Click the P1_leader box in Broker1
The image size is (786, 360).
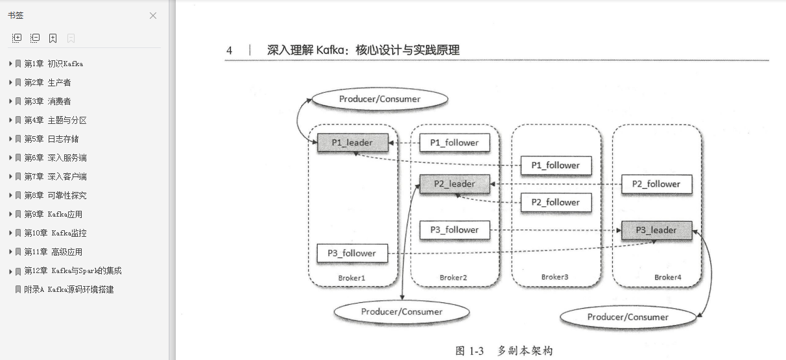click(x=352, y=143)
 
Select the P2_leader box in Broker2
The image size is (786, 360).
click(x=455, y=184)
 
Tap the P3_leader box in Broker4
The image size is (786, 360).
click(x=656, y=230)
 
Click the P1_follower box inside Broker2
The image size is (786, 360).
click(x=455, y=143)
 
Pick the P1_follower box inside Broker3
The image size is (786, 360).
click(x=556, y=165)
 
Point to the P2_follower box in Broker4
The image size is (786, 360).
click(x=656, y=184)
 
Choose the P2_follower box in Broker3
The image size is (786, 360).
click(x=556, y=202)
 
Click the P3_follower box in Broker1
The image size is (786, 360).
click(x=352, y=253)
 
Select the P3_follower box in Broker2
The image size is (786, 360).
click(x=455, y=230)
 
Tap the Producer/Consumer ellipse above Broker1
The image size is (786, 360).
click(x=380, y=99)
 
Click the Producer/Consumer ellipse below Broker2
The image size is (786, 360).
click(x=402, y=312)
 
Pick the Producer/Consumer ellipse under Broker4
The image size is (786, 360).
click(x=628, y=317)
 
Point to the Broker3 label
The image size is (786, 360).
click(x=554, y=277)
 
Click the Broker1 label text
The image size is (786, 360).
click(x=352, y=278)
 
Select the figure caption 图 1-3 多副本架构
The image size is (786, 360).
click(x=504, y=351)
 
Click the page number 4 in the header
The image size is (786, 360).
click(x=230, y=51)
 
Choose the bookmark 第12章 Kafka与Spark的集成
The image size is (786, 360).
click(x=73, y=271)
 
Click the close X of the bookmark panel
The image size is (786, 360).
click(x=153, y=16)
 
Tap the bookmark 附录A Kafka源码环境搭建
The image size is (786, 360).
click(x=69, y=290)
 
